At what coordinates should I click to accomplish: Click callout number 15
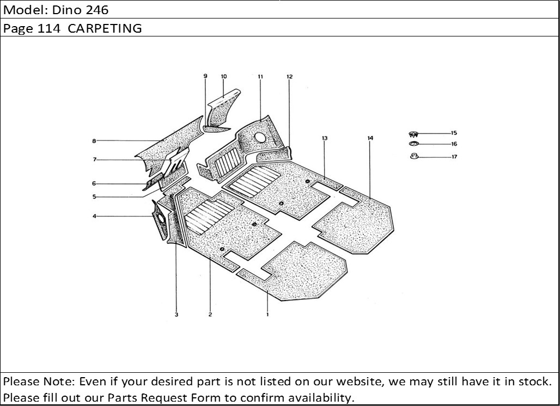[454, 133]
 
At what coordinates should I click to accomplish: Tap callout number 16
[454, 144]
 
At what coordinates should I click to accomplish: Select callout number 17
[454, 157]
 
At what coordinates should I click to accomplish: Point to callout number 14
[370, 138]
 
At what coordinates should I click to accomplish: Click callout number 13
[324, 138]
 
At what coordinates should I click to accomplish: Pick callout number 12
[289, 76]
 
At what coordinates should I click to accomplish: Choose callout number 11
[260, 76]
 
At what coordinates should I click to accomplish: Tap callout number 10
[224, 76]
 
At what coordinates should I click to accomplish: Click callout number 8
[94, 141]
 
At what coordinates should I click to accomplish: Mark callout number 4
[94, 216]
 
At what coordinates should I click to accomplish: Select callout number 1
[267, 315]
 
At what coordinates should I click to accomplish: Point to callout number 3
[176, 315]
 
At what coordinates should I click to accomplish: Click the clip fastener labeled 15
[413, 134]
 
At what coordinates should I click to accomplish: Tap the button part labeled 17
[414, 156]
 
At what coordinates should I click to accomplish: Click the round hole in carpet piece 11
[260, 137]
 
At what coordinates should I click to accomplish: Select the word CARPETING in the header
[105, 28]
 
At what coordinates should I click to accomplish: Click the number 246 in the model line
[96, 10]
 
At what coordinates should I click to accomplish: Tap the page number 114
[49, 28]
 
